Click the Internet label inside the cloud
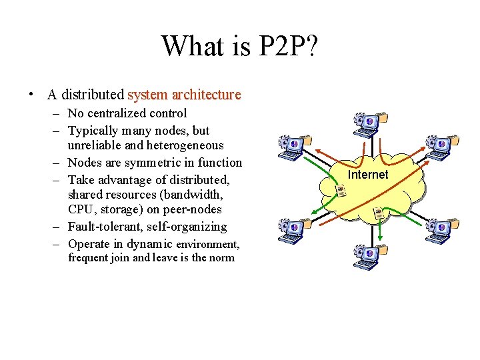pos(368,175)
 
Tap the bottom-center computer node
pos(369,255)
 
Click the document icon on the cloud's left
pos(341,190)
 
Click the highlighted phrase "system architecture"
pos(184,95)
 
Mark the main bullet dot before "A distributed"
pos(31,95)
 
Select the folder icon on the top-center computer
pos(383,119)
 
